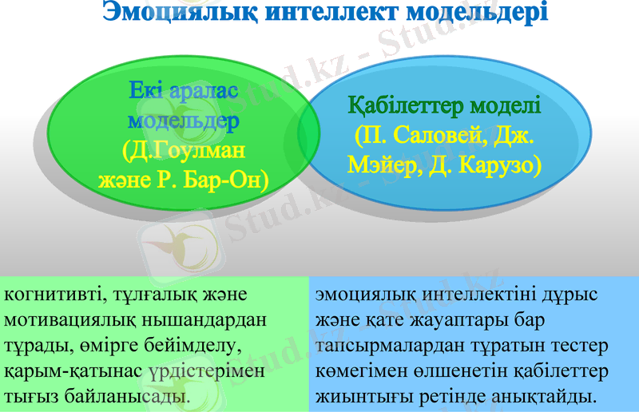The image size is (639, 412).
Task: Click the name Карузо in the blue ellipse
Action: point(502,164)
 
